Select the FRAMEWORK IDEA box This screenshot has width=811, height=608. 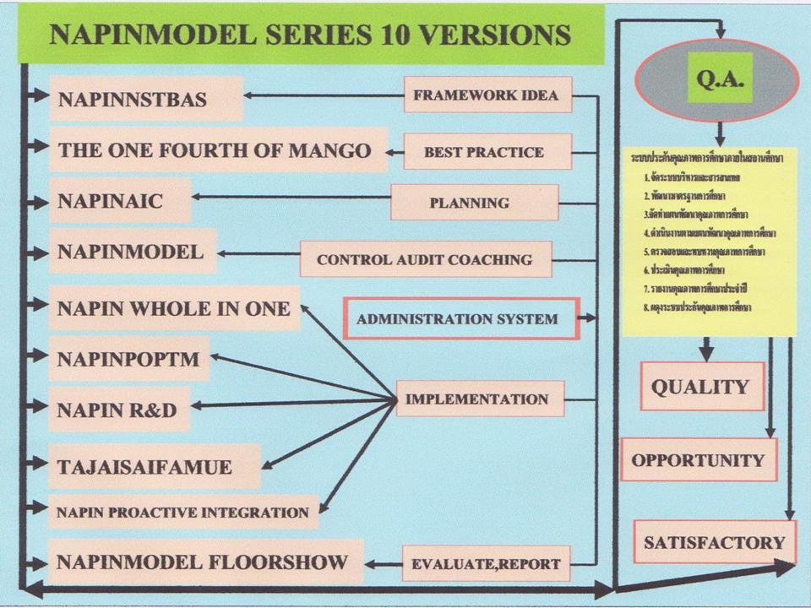(487, 95)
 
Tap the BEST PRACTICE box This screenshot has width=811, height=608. (484, 153)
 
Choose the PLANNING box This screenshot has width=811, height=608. (474, 203)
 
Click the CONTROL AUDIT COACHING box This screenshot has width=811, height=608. (425, 259)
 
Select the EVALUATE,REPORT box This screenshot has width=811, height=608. (486, 562)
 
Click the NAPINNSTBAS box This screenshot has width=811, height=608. (145, 100)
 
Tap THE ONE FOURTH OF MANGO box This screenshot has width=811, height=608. (216, 150)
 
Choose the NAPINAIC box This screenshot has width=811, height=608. (119, 201)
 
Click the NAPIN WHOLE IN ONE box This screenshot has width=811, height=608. (173, 309)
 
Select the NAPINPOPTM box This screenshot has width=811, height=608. (128, 359)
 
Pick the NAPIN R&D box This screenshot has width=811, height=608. (118, 410)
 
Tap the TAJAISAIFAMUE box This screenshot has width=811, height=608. (152, 466)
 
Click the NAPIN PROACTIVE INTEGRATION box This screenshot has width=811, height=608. (182, 513)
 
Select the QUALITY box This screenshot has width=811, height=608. (701, 387)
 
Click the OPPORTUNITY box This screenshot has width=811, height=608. (698, 460)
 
